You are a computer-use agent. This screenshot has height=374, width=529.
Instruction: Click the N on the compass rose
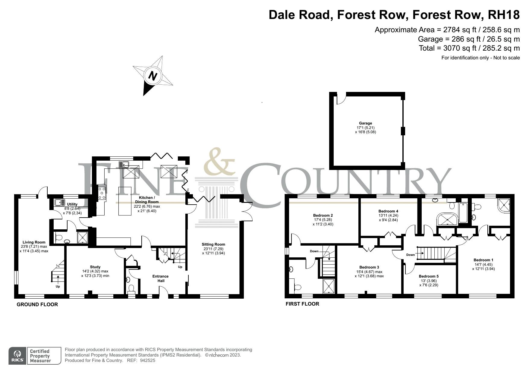coord(153,76)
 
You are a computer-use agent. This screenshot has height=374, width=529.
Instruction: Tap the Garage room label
coord(365,123)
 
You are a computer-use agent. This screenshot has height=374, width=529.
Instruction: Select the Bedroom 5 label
coord(429,276)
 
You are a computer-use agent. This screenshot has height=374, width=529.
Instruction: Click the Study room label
coord(95,267)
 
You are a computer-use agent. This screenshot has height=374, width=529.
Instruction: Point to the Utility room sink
coord(58,202)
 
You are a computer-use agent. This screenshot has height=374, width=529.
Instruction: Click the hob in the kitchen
coord(102,193)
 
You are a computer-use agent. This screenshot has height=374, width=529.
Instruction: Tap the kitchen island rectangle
coord(125,201)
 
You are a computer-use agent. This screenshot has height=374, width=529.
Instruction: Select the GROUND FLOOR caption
coord(37,304)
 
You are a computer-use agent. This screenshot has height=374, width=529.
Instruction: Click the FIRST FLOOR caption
coord(302,304)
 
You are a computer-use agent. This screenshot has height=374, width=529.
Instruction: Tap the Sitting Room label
coord(213,244)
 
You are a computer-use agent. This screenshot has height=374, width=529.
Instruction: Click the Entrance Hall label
coord(160,278)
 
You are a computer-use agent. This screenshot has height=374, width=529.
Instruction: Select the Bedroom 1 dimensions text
coord(483,267)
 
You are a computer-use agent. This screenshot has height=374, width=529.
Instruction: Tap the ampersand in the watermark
coord(220,163)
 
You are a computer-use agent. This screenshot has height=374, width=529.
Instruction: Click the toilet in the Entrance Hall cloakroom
coord(131,290)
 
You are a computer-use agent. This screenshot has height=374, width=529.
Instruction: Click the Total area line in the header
coord(469,48)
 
